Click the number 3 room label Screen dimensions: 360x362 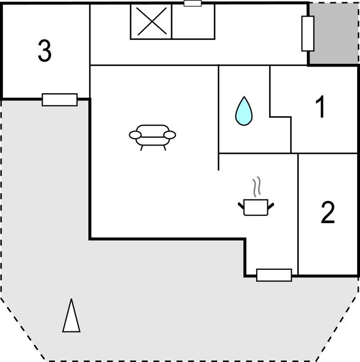pyautogui.click(x=44, y=51)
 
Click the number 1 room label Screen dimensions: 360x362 pyautogui.click(x=321, y=107)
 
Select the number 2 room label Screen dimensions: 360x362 pyautogui.click(x=328, y=213)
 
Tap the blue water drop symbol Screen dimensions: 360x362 pyautogui.click(x=244, y=111)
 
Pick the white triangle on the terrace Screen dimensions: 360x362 pyautogui.click(x=71, y=315)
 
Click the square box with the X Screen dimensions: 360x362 pyautogui.click(x=151, y=22)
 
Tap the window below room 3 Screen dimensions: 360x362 pyautogui.click(x=60, y=100)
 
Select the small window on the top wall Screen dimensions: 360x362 pyautogui.click(x=192, y=3)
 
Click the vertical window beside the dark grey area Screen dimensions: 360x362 pyautogui.click(x=308, y=34)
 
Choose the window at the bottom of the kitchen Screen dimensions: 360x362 pyautogui.click(x=274, y=275)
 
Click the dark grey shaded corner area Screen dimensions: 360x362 pyautogui.click(x=334, y=33)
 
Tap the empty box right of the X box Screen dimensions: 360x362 pyautogui.click(x=194, y=22)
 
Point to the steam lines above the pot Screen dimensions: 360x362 pyautogui.click(x=257, y=187)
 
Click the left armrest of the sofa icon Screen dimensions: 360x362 pyautogui.click(x=135, y=135)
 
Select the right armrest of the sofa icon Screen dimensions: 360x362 pyautogui.click(x=170, y=135)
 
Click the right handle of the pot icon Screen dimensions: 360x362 pyautogui.click(x=271, y=206)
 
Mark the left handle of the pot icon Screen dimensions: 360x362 pyautogui.click(x=241, y=206)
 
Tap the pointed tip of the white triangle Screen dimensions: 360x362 pyautogui.click(x=72, y=299)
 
